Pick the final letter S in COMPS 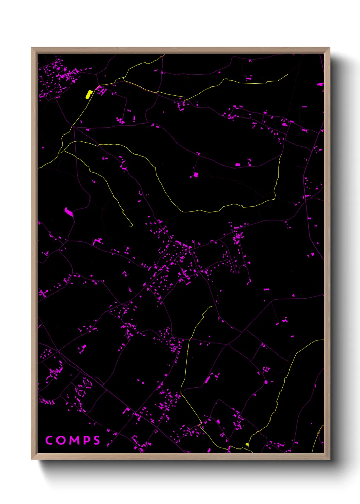click(x=97, y=440)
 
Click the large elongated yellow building click(x=89, y=94)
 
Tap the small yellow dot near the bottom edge click(x=247, y=444)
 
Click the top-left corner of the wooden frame click(x=32, y=48)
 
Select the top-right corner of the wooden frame click(x=329, y=48)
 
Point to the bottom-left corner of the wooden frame click(x=32, y=459)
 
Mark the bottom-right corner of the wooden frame click(x=329, y=459)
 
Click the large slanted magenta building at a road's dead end click(x=69, y=212)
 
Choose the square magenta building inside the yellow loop click(x=196, y=175)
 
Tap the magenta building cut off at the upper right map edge click(x=320, y=84)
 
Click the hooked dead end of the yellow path click(x=131, y=225)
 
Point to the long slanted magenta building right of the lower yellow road click(x=207, y=380)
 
